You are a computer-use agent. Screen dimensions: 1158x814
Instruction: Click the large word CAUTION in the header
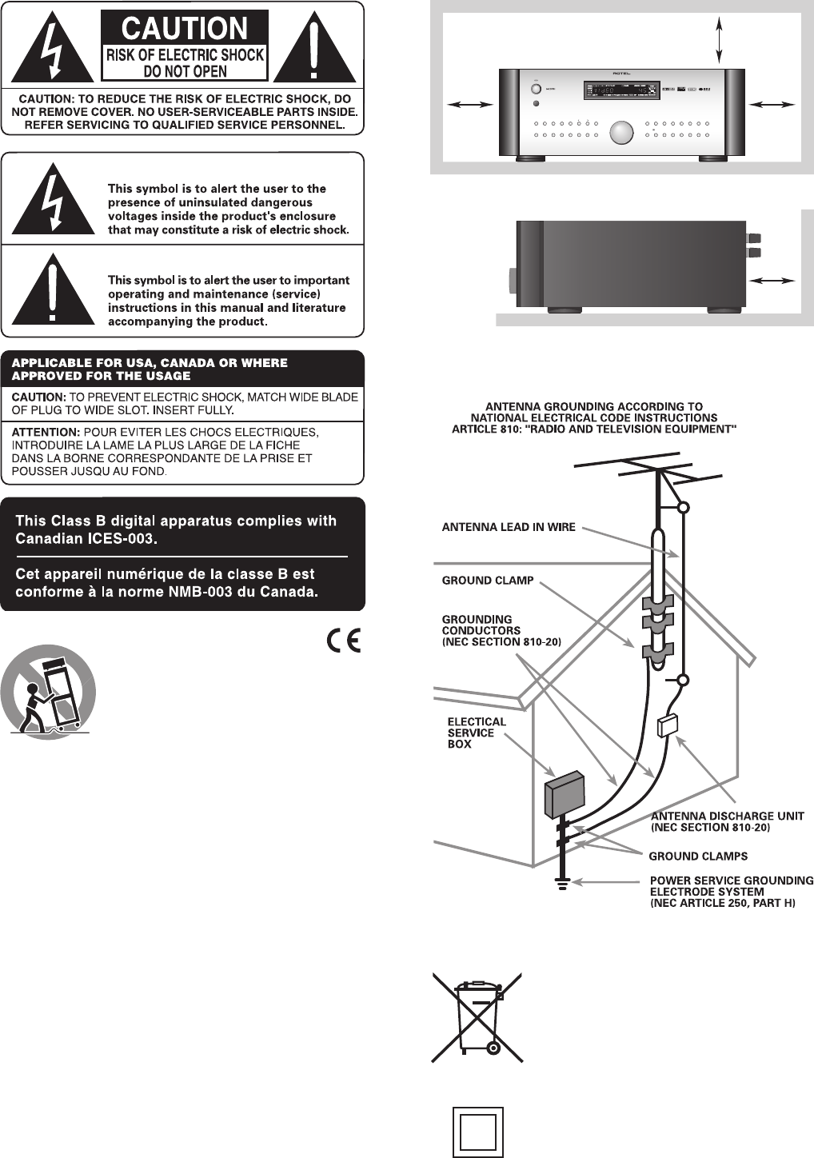184,29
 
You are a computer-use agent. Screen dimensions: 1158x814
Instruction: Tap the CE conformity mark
343,641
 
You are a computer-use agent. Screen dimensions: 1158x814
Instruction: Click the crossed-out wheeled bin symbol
477,1016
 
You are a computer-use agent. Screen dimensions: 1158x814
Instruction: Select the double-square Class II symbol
478,1132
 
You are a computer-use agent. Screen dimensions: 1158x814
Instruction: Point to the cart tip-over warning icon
48,693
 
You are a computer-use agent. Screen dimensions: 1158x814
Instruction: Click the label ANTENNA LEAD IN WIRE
509,527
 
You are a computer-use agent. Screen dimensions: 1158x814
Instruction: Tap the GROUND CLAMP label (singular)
488,581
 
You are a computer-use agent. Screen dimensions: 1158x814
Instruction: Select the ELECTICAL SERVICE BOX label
477,733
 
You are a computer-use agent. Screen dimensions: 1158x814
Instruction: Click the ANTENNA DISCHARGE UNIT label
728,816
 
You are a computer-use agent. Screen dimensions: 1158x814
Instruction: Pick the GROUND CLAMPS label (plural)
698,856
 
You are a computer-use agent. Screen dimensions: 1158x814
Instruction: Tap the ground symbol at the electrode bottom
563,884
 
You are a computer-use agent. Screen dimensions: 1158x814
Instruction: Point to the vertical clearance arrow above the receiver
720,40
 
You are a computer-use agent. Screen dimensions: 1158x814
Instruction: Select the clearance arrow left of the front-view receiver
470,104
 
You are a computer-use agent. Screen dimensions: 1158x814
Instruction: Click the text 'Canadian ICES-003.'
86,539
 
